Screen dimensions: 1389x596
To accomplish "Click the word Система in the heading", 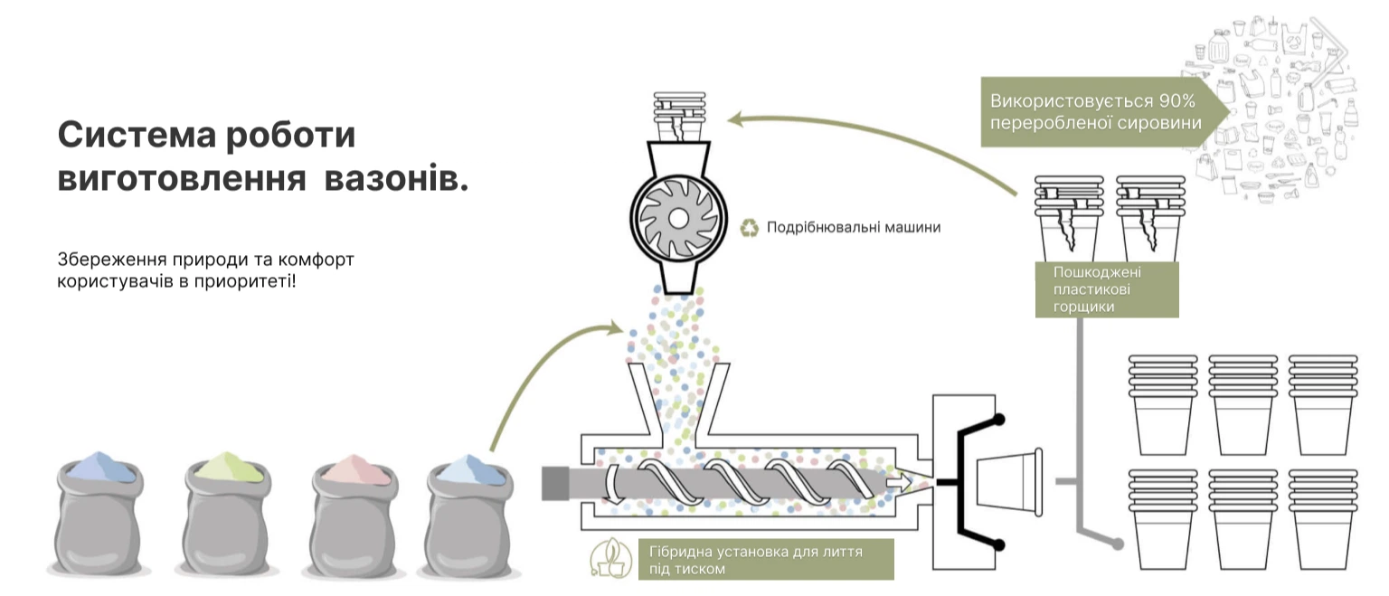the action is [137, 135].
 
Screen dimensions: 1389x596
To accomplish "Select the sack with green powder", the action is [228, 513].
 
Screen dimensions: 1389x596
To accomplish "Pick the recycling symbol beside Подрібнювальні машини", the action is [749, 228].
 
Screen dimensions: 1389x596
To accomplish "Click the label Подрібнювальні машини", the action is [854, 228].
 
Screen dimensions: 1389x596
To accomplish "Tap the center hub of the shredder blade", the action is [678, 218].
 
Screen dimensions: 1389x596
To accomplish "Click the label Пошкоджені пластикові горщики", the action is [1098, 289].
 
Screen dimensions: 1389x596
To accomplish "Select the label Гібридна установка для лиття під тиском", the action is [756, 560].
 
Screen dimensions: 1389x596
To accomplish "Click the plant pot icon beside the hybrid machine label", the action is [610, 558].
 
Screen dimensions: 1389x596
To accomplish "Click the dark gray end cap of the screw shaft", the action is [555, 483].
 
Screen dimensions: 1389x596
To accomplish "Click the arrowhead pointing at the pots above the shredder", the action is [735, 118].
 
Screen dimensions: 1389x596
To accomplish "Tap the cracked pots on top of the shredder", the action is [679, 116].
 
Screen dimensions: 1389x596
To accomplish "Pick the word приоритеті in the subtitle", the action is [245, 281].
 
